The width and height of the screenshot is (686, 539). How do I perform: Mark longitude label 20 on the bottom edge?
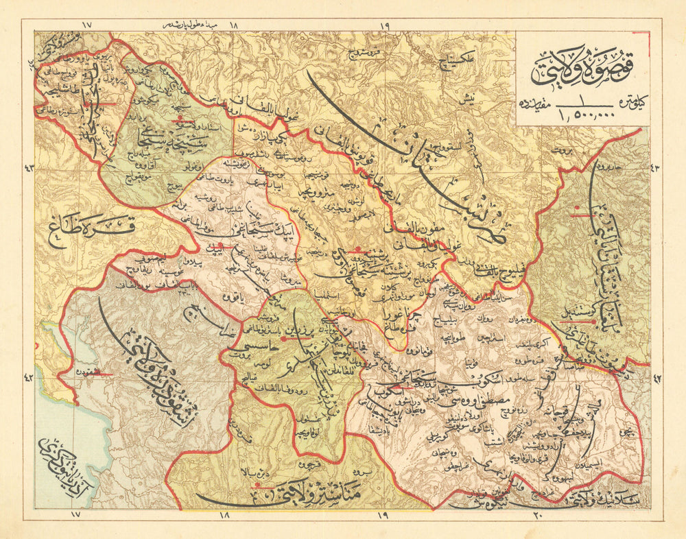tap(538, 514)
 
